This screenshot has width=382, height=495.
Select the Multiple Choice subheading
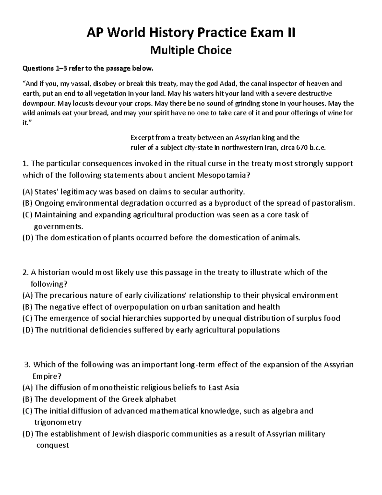tap(191, 50)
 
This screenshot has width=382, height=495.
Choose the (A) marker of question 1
tap(27, 192)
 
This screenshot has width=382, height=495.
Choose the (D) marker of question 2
tap(27, 330)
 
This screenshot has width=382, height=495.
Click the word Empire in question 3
tap(46, 376)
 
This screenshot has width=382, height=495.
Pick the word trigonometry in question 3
tap(58, 422)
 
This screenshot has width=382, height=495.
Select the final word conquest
tap(53, 445)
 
